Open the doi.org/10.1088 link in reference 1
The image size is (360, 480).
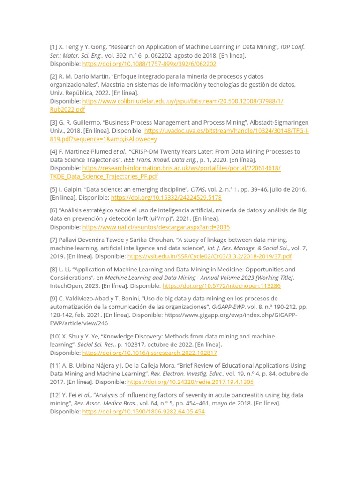tap(149, 64)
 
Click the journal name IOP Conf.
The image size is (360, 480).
tap(292, 47)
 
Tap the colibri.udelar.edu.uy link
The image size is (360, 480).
tap(183, 101)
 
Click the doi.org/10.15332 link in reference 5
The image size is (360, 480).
tap(166, 198)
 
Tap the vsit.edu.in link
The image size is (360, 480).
tap(210, 256)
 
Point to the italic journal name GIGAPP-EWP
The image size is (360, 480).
tap(229, 307)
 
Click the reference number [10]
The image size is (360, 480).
tap(55, 336)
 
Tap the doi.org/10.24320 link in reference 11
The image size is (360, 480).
tap(190, 382)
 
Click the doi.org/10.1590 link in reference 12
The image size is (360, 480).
tap(143, 412)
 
